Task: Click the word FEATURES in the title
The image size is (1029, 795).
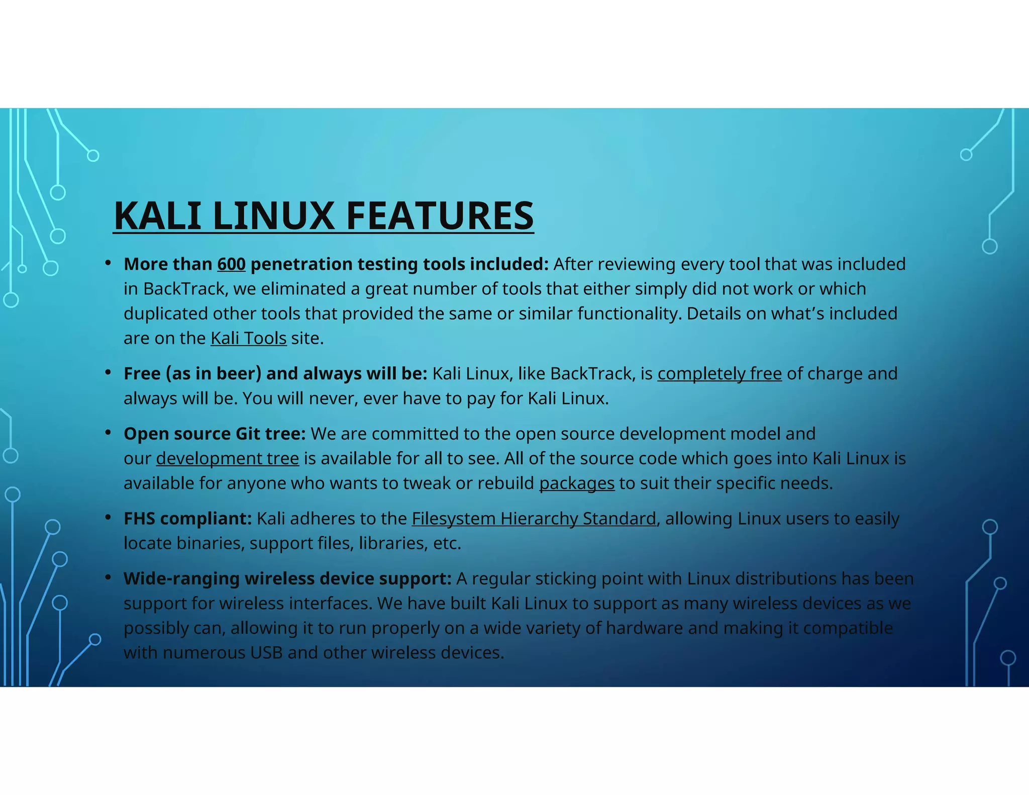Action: (x=440, y=216)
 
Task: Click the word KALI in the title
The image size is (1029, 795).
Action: (x=157, y=216)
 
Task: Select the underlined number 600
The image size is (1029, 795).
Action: (x=231, y=264)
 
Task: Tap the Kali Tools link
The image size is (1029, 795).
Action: (x=248, y=338)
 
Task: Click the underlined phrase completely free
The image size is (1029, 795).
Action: (x=719, y=374)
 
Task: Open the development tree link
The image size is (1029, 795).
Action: (x=227, y=459)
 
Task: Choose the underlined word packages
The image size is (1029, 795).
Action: (x=577, y=483)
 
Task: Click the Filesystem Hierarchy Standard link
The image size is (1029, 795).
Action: (x=534, y=519)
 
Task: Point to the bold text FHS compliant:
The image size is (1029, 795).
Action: (x=187, y=519)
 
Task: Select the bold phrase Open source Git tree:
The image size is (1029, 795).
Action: (x=215, y=434)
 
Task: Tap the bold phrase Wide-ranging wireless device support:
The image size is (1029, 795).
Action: (x=287, y=579)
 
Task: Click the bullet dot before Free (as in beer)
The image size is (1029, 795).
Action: (x=108, y=372)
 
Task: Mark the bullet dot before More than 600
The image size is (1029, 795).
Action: (x=108, y=263)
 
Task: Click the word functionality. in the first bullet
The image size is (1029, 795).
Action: (x=630, y=314)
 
